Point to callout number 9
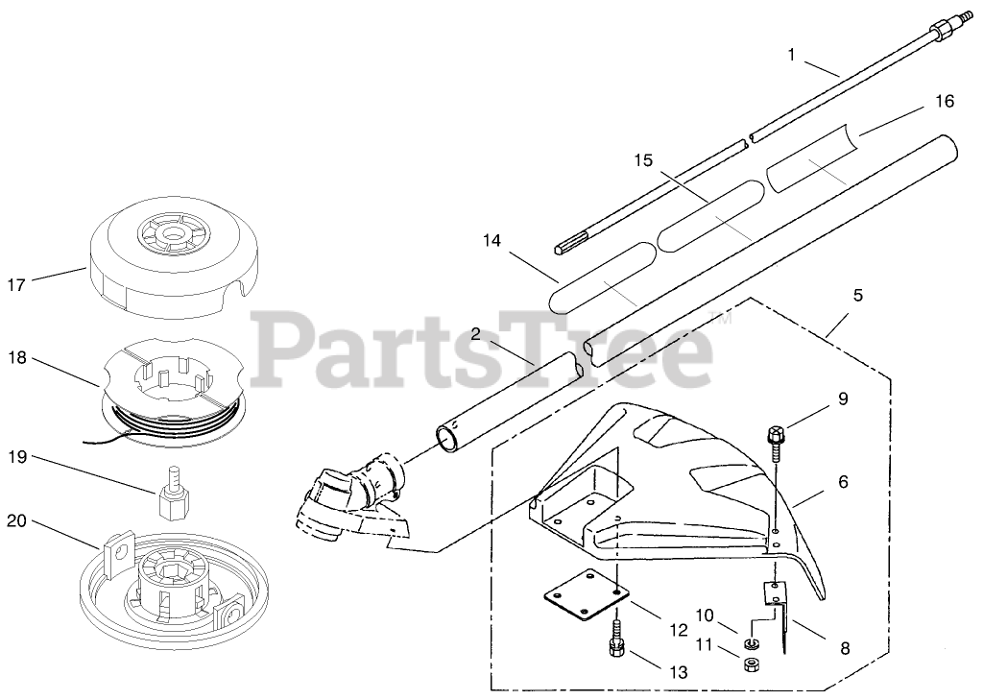click(843, 398)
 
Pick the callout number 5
click(857, 295)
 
